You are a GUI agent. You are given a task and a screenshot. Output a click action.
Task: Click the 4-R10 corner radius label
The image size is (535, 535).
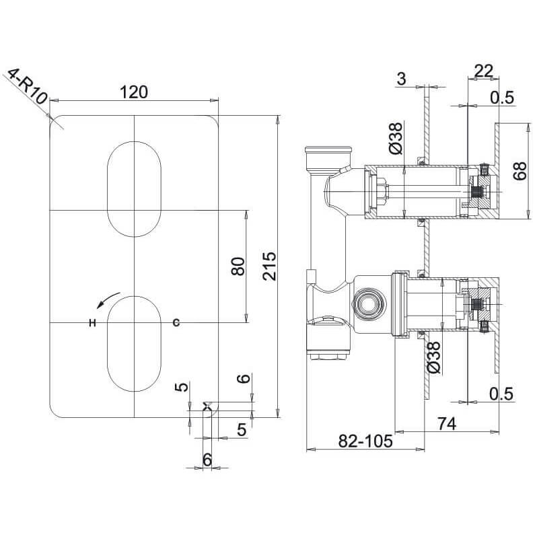tap(28, 87)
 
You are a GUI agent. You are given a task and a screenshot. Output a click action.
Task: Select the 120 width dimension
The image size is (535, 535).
tap(134, 92)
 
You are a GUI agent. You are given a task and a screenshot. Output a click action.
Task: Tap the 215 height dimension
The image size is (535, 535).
tap(270, 266)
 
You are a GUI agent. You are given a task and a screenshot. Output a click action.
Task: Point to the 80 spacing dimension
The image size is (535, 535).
tap(238, 266)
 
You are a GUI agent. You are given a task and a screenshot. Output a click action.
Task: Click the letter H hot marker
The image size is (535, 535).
tap(92, 322)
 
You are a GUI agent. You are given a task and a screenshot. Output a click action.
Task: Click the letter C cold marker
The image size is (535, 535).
tap(176, 322)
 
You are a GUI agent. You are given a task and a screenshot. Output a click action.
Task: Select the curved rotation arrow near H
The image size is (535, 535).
tap(108, 299)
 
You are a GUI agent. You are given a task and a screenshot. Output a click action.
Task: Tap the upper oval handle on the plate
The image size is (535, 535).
tap(134, 189)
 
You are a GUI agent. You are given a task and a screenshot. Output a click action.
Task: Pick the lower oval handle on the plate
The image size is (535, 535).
tap(134, 344)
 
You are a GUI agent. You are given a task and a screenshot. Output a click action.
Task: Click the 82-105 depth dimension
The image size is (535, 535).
tap(365, 441)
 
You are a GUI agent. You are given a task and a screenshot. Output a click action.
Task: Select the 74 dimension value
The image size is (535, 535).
tap(447, 424)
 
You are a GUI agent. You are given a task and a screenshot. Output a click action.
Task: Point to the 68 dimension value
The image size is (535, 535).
tap(520, 171)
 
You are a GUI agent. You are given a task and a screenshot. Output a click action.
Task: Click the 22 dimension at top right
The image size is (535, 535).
tap(484, 71)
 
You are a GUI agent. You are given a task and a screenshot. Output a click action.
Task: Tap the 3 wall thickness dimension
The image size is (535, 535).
tap(402, 79)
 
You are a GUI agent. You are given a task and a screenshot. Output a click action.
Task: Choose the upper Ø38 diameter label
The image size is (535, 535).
tap(396, 139)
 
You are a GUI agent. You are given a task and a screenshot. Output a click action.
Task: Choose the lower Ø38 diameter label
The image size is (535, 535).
tap(433, 357)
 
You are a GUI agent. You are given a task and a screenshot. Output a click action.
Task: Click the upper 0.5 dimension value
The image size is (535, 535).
tap(502, 98)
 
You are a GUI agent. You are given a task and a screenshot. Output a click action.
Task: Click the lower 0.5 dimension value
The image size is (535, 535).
tap(501, 394)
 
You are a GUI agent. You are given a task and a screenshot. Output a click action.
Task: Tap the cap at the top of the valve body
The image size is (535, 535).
tap(328, 149)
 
